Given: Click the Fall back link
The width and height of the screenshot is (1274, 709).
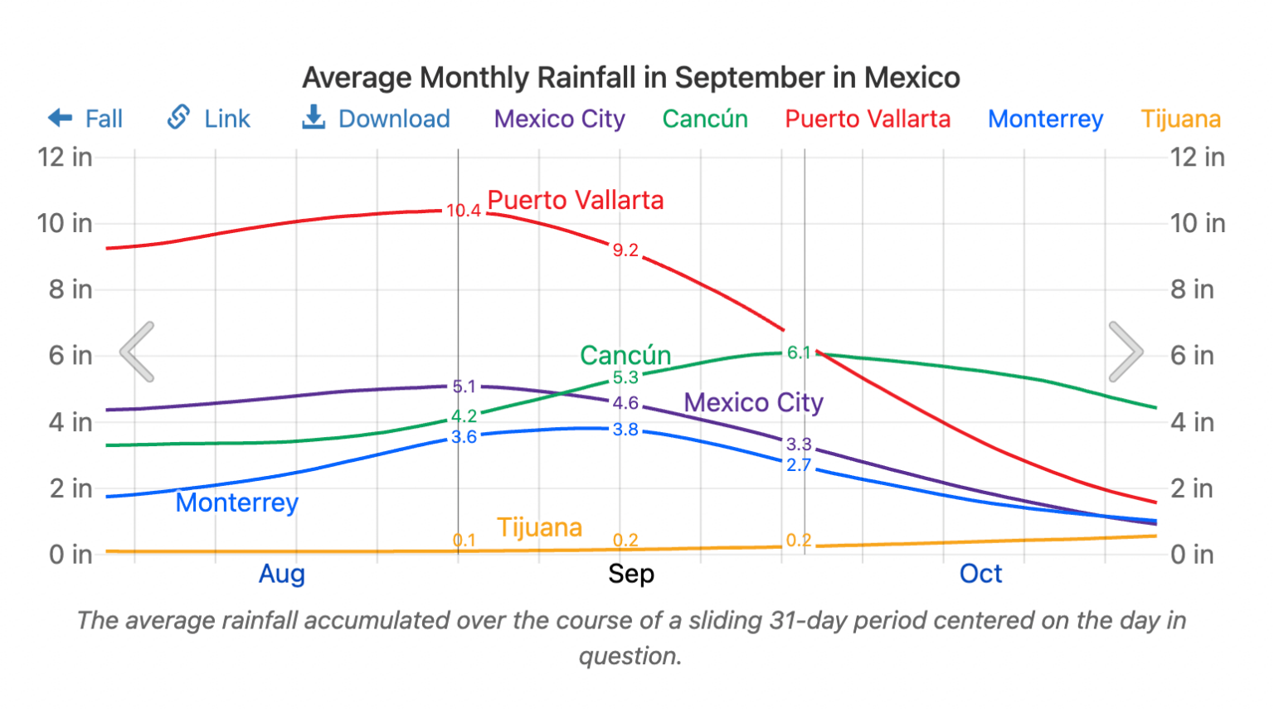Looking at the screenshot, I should (85, 119).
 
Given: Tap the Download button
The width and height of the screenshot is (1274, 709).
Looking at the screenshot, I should (377, 119).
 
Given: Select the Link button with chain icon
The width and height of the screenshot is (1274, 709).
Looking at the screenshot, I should (209, 119).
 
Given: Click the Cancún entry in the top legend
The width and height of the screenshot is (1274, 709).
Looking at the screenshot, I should (705, 119).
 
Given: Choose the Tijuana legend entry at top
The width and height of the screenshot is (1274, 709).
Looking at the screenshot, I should (1180, 119).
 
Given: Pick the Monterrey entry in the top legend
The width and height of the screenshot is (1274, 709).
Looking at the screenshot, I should (1045, 119).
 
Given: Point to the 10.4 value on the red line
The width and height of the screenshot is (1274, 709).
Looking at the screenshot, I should (463, 211).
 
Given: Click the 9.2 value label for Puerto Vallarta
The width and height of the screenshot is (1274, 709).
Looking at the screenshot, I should (625, 250).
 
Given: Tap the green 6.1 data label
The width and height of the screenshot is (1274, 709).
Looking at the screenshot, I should (798, 353).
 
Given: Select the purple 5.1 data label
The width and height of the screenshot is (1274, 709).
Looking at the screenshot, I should (464, 386).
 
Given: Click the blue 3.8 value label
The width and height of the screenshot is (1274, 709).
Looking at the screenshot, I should (625, 430).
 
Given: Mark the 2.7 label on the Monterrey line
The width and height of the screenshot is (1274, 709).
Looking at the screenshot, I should (798, 465).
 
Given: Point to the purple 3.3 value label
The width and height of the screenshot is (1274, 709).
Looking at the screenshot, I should (798, 444).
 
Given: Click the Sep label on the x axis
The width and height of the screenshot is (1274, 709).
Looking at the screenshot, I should (630, 574).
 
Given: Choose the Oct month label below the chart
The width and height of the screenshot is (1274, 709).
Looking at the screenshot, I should (980, 574).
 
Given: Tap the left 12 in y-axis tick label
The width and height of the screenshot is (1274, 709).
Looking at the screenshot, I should (65, 157).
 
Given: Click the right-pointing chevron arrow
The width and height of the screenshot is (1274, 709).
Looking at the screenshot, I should (1126, 352).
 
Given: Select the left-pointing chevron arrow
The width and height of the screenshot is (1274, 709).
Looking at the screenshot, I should (138, 352).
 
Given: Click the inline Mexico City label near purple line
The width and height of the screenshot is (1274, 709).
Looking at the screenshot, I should (753, 402).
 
